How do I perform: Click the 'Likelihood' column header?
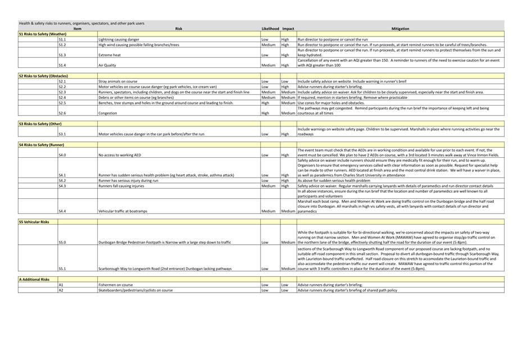click(270, 29)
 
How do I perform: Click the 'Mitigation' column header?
click(400, 29)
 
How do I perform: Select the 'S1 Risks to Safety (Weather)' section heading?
click(42, 34)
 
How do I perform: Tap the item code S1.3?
click(62, 55)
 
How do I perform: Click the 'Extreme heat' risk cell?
click(110, 55)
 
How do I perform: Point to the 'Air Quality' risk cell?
click(107, 65)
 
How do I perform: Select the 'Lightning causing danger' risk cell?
click(119, 40)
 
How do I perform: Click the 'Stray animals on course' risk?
click(117, 81)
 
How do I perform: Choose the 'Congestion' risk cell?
click(108, 113)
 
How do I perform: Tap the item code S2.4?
click(62, 97)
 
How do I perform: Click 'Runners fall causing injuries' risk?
click(121, 186)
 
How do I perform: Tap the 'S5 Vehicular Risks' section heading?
click(34, 222)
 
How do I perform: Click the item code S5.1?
click(62, 268)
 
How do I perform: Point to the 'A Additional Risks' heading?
click(34, 279)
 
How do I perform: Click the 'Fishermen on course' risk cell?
click(115, 285)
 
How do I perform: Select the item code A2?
click(61, 290)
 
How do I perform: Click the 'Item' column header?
click(77, 29)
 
